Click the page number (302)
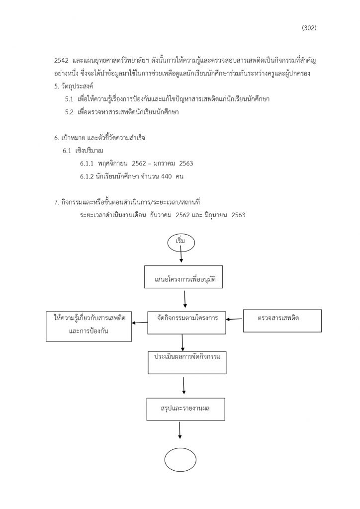309,28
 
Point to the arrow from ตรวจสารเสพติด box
234,319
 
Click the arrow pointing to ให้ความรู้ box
140,323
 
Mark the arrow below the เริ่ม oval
181,257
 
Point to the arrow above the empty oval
180,430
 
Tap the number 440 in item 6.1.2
166,176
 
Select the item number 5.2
69,112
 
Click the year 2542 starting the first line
61,61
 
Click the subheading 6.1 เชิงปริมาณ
83,151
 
